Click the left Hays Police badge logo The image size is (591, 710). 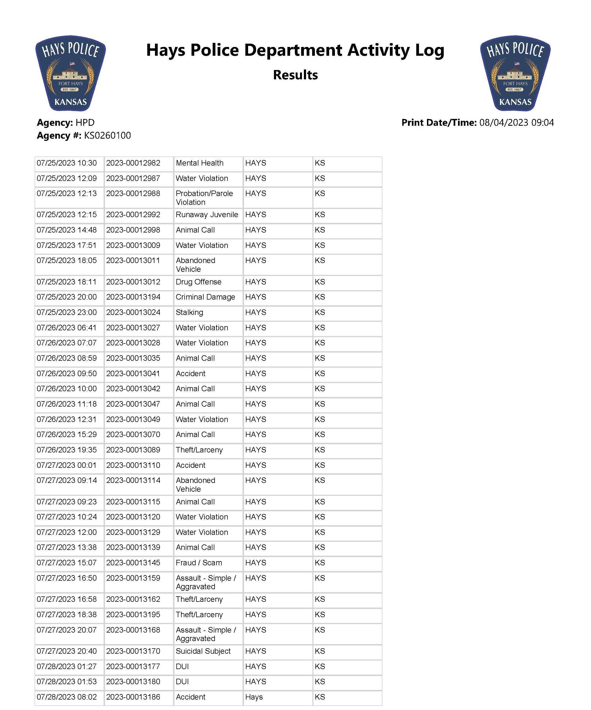[x=70, y=73]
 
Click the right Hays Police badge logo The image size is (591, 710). [x=515, y=73]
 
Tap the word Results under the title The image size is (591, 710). [x=295, y=75]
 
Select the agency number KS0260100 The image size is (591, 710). [x=107, y=136]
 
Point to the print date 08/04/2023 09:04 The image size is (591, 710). [x=516, y=123]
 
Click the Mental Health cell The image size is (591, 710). [x=199, y=163]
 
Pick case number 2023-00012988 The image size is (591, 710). [x=133, y=193]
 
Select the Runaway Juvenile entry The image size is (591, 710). [x=207, y=215]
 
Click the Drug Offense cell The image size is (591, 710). [x=199, y=282]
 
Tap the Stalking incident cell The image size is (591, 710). [x=190, y=312]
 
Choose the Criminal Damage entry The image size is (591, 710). [x=205, y=297]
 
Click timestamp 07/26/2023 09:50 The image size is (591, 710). [x=67, y=374]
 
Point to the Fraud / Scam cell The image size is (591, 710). [x=199, y=563]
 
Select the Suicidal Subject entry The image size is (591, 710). [x=203, y=651]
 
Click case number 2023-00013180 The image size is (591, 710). [x=133, y=682]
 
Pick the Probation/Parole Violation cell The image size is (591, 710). [x=204, y=198]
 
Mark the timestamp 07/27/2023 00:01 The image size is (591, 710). [x=67, y=465]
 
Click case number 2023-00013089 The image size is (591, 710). [x=133, y=450]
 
